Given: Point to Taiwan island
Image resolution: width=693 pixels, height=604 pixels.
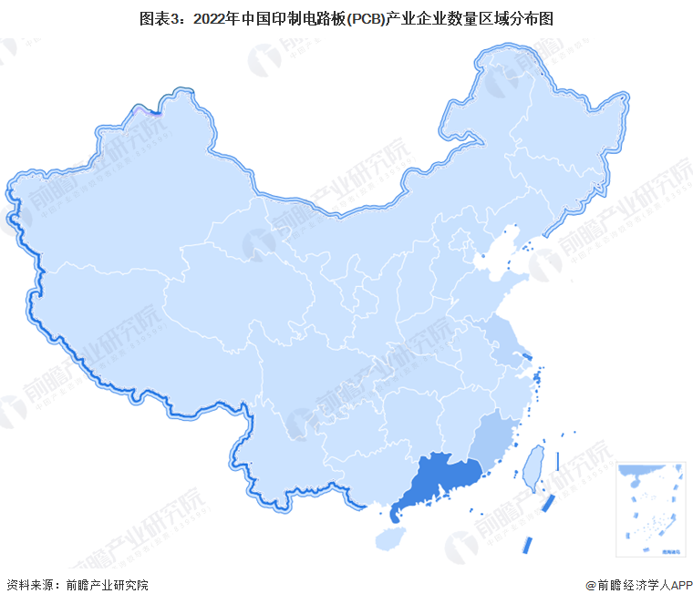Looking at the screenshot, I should point(533,466).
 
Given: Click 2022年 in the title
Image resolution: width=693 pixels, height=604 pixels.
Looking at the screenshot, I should point(212,17).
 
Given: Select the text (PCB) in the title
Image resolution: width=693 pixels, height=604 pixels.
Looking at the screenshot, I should point(362,17).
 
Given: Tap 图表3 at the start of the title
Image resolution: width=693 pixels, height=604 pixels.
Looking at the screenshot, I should point(158,17).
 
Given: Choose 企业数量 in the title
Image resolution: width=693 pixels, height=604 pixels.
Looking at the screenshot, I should point(448,17).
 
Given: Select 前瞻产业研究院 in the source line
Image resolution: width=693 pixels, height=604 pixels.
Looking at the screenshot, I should point(109,585).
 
